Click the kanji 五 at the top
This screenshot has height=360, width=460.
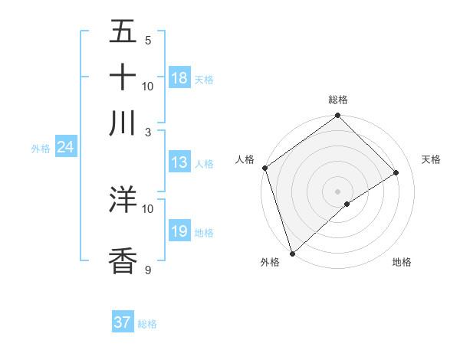123,34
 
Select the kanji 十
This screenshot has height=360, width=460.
123,78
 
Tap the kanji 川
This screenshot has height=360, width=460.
123,123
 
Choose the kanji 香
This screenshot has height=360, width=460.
123,260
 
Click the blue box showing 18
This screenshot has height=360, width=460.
179,78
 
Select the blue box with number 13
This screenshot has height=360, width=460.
179,162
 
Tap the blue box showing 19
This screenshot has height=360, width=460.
179,231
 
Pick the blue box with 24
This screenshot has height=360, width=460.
65,147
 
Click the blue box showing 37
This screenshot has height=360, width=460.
122,322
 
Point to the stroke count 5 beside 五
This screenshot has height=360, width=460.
148,41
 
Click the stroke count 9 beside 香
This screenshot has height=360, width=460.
148,270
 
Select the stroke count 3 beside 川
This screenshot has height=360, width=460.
148,132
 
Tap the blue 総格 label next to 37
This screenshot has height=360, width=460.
147,324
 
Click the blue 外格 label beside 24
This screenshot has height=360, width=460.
40,149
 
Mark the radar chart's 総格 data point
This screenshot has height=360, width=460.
337,116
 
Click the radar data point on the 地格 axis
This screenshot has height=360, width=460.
347,204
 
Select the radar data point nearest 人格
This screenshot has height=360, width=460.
264,168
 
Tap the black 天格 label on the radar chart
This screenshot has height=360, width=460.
431,159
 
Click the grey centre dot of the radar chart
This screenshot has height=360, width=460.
337,191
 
